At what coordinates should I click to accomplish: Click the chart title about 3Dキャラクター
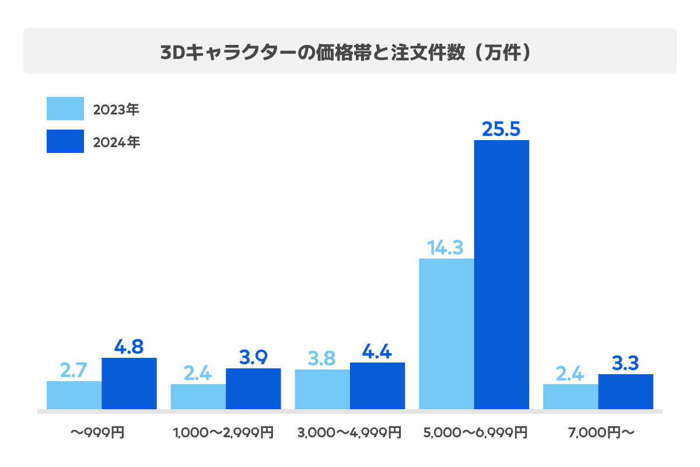point(349,51)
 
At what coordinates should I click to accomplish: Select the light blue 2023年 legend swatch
point(65,109)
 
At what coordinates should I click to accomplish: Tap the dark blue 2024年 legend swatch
point(65,142)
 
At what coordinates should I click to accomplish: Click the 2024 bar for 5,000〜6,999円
point(502,274)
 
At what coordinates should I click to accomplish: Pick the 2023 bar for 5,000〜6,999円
point(446,333)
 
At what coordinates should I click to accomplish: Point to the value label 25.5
point(501,129)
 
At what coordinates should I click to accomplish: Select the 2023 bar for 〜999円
point(74,395)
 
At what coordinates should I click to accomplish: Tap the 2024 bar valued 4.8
point(129,384)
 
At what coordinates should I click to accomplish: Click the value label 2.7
point(74,370)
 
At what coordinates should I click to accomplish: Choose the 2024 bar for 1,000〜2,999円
point(253,389)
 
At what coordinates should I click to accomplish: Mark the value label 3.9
point(253,357)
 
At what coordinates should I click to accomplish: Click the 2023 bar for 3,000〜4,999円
point(322,389)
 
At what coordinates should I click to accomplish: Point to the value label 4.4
point(377,351)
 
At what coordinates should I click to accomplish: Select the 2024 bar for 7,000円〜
point(625,392)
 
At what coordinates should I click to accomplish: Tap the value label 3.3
point(625,363)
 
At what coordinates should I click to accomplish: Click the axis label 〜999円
point(97,433)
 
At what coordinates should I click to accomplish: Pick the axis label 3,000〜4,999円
point(349,433)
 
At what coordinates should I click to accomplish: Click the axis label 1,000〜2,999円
point(223,433)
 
